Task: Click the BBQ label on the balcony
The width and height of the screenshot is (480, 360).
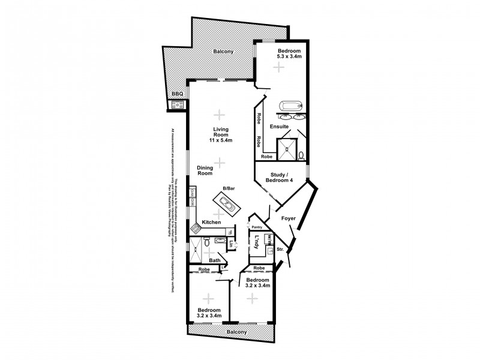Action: [177, 94]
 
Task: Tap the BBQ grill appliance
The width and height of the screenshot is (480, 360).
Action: [177, 106]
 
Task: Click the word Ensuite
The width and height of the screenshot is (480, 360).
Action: [280, 127]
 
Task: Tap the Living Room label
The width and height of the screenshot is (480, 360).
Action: [221, 134]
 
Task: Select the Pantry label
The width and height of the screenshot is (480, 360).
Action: [258, 228]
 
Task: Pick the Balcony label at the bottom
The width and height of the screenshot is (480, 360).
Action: [236, 332]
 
